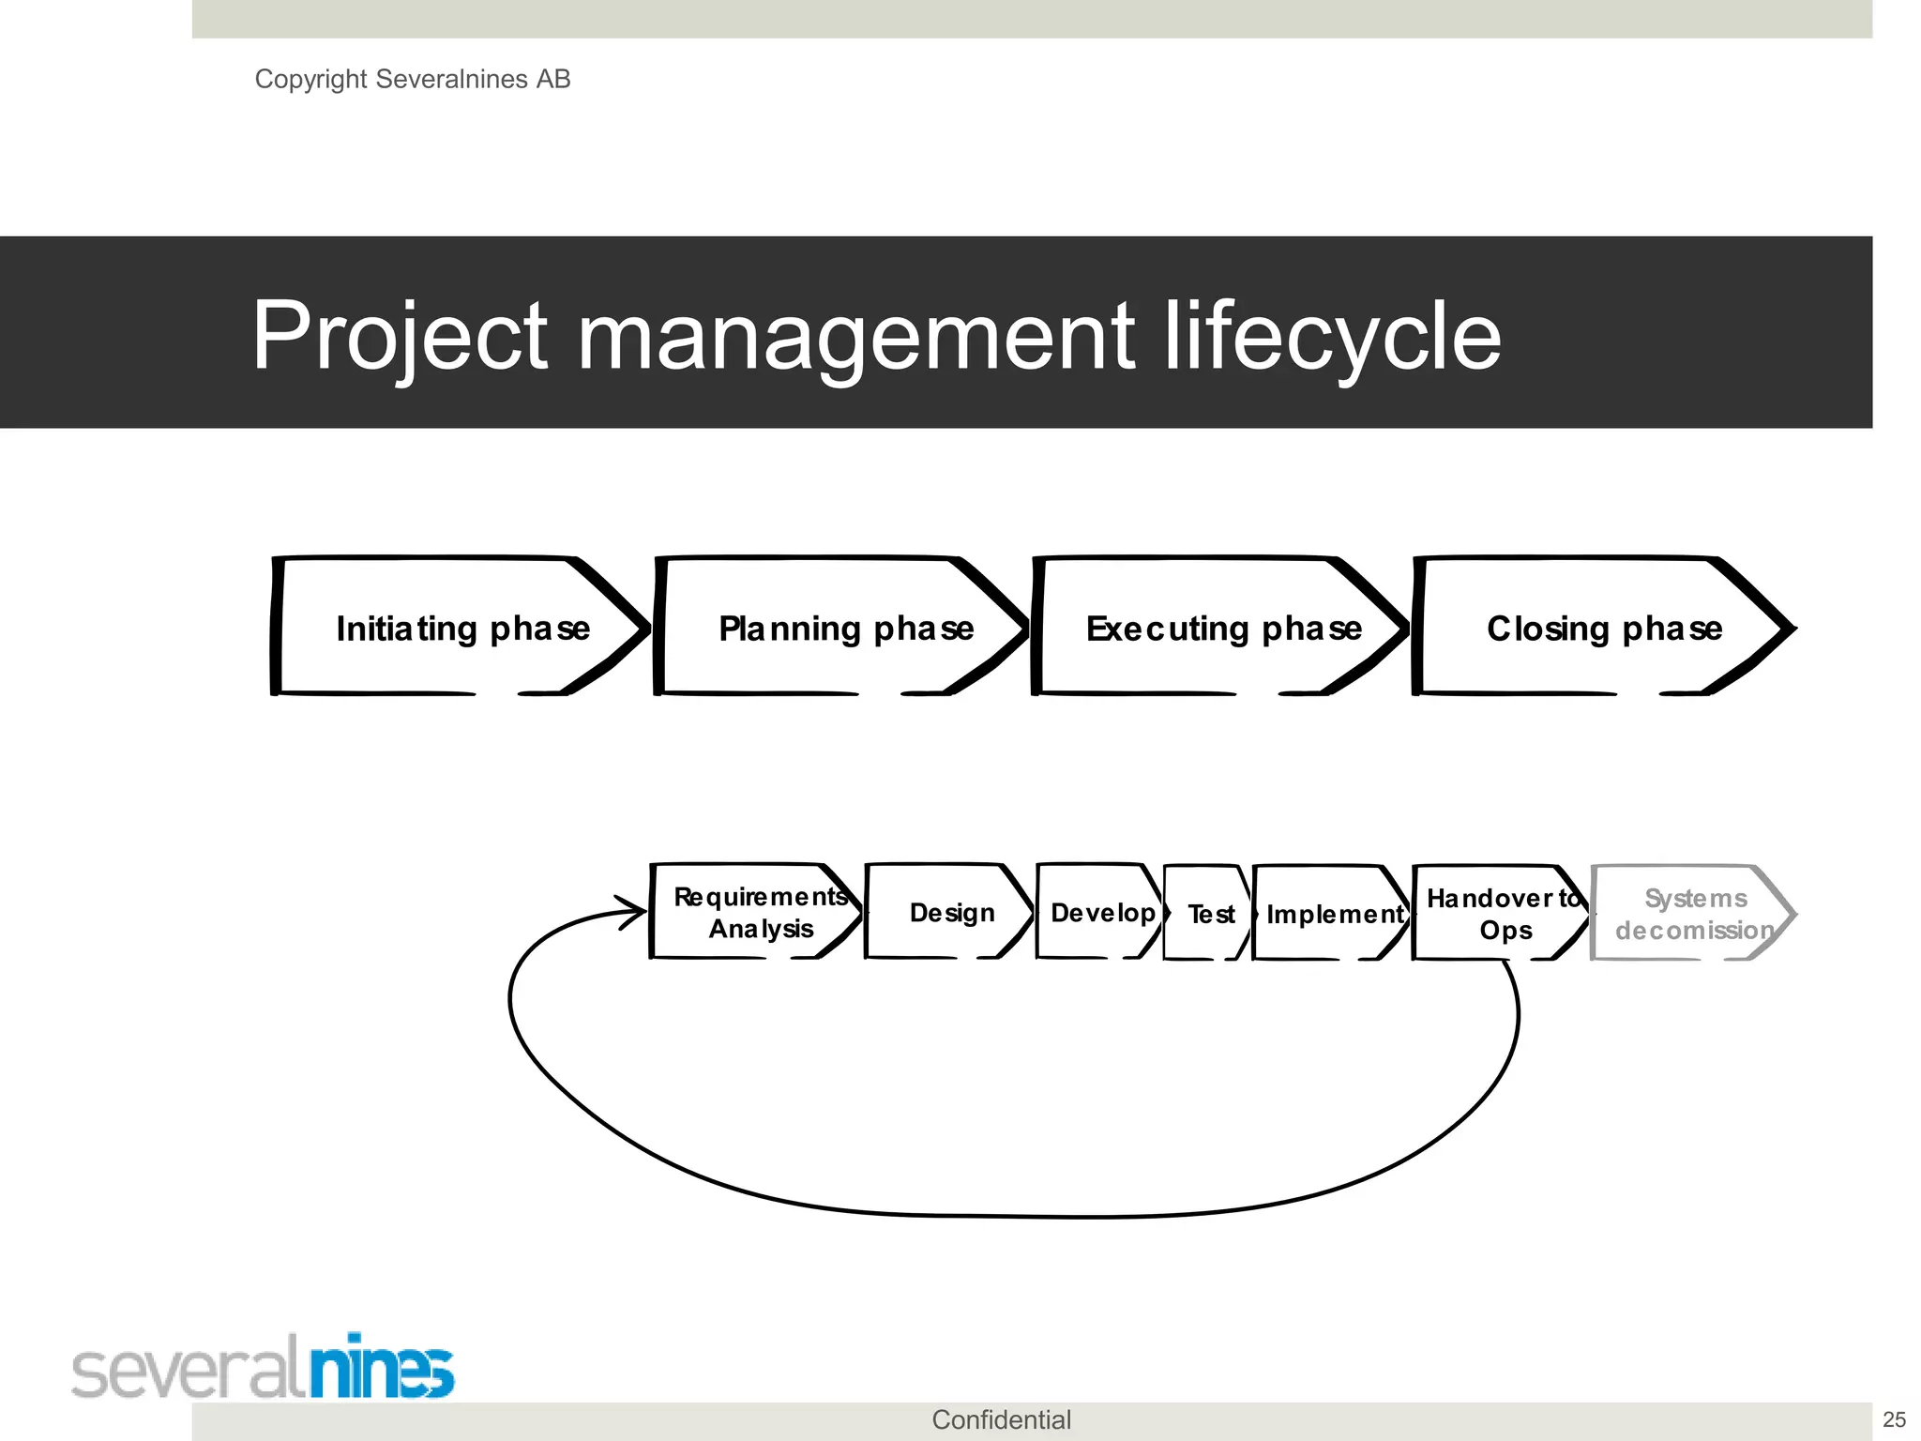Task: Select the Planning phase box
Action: tap(844, 627)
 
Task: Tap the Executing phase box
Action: tap(1222, 627)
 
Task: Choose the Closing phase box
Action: tap(1604, 627)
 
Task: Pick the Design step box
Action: tap(950, 912)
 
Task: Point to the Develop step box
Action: tap(1101, 912)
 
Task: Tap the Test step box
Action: tap(1209, 913)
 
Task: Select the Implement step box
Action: tap(1333, 913)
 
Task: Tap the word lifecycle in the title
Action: tap(1332, 335)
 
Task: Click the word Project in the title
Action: tap(400, 335)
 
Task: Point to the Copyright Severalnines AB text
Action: tap(413, 79)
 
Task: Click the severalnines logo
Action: tap(263, 1367)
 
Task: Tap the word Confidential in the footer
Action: tap(1001, 1419)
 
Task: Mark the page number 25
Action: tap(1894, 1419)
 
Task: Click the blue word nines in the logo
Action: tap(382, 1367)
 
